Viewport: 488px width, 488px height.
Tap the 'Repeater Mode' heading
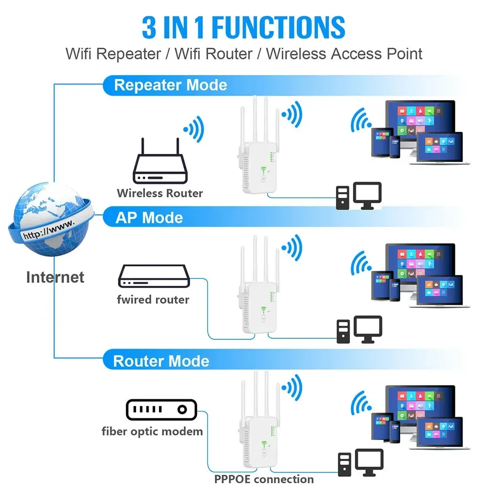point(170,85)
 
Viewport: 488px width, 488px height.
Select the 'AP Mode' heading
point(149,217)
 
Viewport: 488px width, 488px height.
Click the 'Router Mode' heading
point(161,361)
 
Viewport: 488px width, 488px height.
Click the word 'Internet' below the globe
point(55,277)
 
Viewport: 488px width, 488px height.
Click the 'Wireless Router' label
point(160,193)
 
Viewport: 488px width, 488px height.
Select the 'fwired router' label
point(153,299)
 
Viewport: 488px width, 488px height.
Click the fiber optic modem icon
point(161,410)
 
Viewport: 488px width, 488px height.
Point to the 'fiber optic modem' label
point(152,431)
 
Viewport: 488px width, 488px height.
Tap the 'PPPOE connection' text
point(264,479)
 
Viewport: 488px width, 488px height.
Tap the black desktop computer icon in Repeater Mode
point(358,196)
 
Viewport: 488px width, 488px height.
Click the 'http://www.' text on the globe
point(49,229)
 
